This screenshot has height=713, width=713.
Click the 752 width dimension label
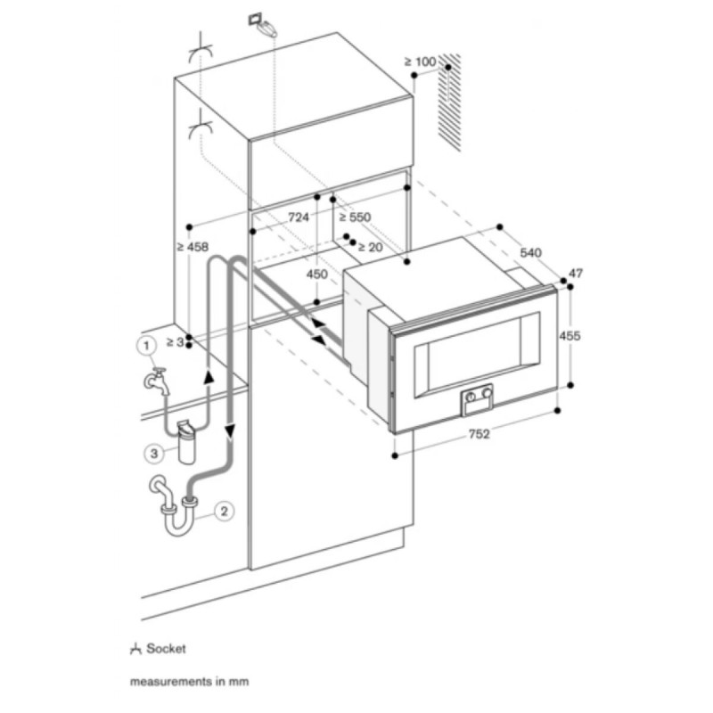(479, 434)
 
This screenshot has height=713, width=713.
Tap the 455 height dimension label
(570, 336)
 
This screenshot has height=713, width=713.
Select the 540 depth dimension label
(530, 252)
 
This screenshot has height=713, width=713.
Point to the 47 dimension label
(576, 274)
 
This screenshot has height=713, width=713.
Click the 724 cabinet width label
(299, 217)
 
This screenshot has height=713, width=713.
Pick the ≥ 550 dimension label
(355, 217)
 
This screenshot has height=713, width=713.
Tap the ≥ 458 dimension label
(193, 247)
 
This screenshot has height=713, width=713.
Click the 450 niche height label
(316, 275)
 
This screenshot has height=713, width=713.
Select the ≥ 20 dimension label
(370, 248)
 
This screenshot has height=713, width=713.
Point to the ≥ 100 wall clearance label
(420, 61)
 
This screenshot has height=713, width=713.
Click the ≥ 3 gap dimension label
(175, 341)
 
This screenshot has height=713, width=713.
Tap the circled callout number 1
(146, 346)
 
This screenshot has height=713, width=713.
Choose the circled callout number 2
(224, 511)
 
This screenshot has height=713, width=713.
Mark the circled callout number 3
(154, 454)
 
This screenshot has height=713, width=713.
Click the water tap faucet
(157, 381)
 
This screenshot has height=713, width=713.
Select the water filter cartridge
(186, 442)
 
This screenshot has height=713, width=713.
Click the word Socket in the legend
(166, 649)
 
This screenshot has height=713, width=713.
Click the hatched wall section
(449, 102)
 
